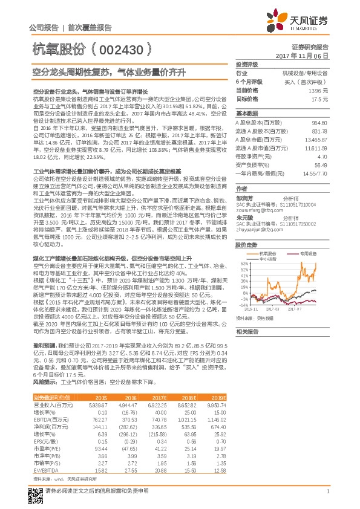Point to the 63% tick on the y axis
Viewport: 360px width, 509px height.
pyautogui.click(x=243, y=264)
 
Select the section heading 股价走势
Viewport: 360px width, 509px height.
pyautogui.click(x=246, y=245)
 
